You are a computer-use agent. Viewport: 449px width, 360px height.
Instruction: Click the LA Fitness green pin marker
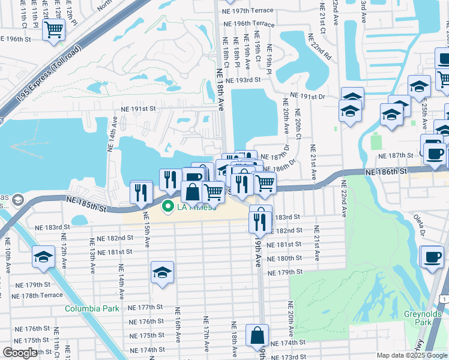[167, 208]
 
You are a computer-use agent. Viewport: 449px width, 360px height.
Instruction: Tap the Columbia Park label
[92, 308]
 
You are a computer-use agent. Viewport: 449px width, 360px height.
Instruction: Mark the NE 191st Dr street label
[307, 96]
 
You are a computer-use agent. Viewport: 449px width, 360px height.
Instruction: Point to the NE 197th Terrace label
[248, 11]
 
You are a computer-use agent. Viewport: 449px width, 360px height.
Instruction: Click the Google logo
[20, 353]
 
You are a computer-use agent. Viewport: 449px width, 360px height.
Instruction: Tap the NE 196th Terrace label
[248, 24]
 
